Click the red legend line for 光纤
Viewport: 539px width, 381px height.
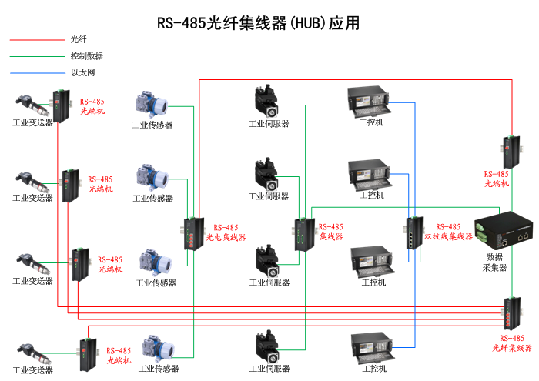click(36, 39)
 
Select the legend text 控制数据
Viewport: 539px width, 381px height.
click(86, 56)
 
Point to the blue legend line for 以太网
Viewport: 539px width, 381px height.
click(36, 73)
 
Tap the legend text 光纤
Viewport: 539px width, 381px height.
click(79, 39)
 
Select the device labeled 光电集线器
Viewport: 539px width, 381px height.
click(191, 234)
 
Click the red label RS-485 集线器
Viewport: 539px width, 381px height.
click(330, 232)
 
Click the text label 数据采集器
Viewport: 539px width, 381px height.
click(494, 262)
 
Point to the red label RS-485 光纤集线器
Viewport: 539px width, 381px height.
click(512, 343)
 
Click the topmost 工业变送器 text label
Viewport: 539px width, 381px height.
click(32, 122)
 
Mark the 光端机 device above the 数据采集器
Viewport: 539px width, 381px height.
click(509, 152)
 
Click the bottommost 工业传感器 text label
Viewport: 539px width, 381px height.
click(158, 369)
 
